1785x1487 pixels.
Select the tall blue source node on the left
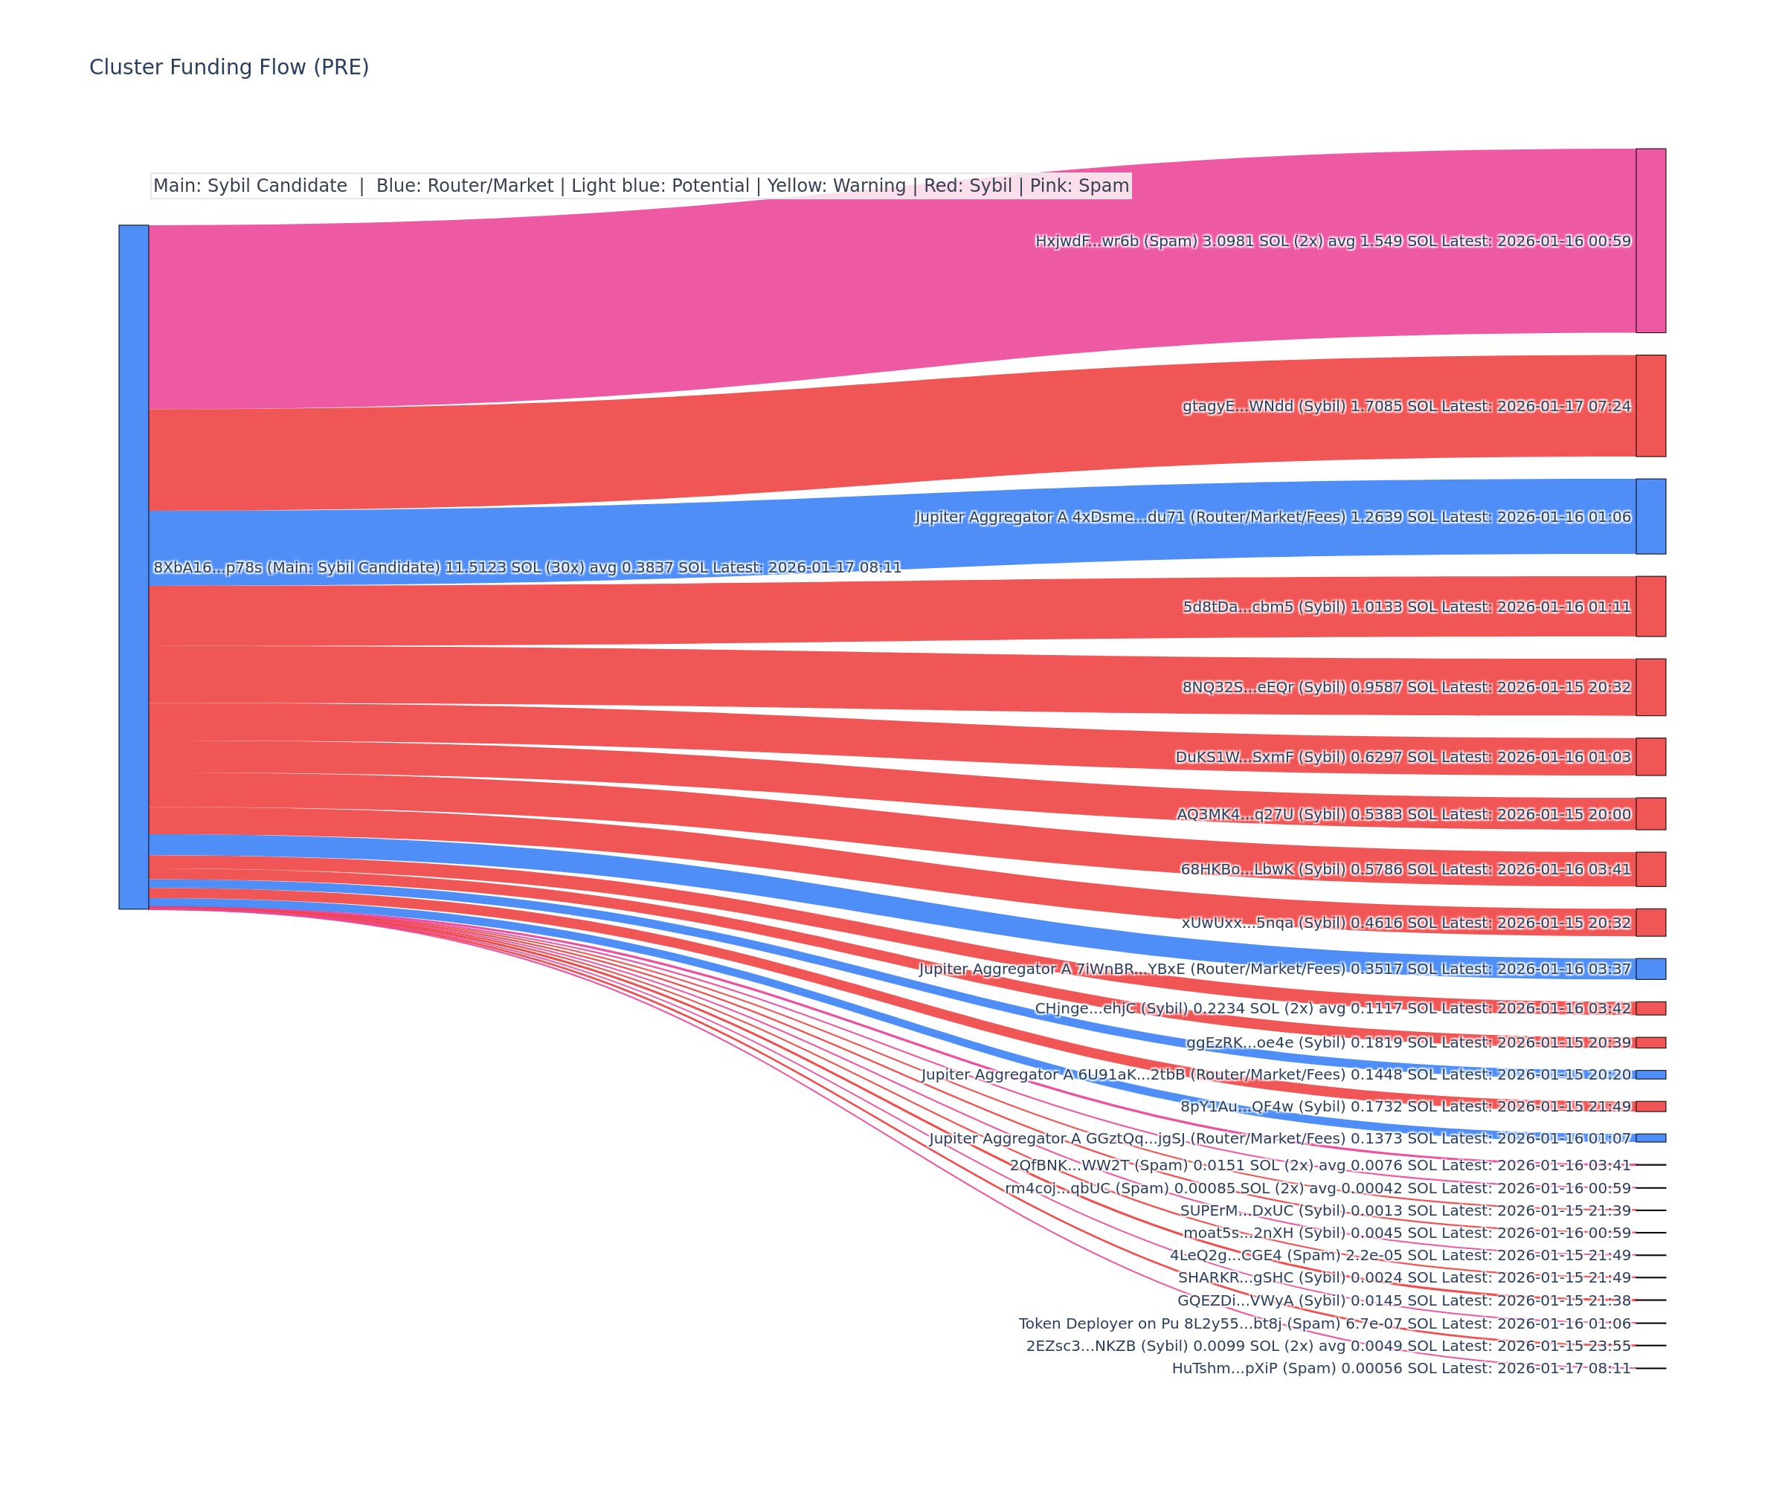[133, 567]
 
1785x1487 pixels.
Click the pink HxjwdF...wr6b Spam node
[1650, 240]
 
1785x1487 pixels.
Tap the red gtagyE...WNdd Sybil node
[1650, 405]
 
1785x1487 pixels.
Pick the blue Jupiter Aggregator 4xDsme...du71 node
[1650, 516]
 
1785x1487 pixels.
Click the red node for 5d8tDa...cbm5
[1650, 606]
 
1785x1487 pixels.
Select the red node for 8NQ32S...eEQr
[1650, 686]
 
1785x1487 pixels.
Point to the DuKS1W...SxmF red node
[1650, 756]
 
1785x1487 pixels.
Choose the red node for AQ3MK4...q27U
[1650, 813]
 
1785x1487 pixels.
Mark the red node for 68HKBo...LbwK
[1650, 868]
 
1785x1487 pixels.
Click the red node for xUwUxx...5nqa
[1650, 922]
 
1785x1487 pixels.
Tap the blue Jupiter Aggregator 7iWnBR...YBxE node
[1650, 969]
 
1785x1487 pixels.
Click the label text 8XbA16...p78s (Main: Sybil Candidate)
[527, 567]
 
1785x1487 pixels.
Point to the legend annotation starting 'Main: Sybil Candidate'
[641, 185]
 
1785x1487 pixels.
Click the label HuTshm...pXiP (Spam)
[1400, 1368]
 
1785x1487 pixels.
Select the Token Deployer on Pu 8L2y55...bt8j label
[1325, 1323]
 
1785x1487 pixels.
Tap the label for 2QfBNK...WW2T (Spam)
[1320, 1165]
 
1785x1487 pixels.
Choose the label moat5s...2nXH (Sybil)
[1406, 1232]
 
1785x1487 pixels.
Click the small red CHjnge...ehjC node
[1650, 1007]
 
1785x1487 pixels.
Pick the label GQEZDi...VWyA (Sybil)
[1403, 1300]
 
